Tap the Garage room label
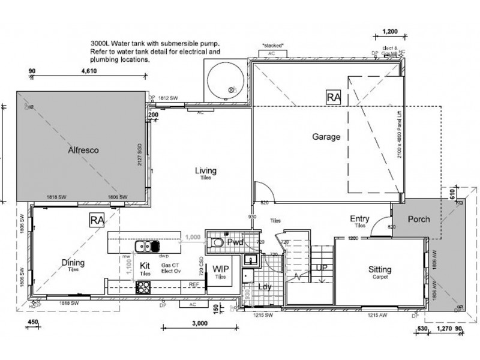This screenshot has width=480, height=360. click(326, 137)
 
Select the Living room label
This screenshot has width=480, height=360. click(205, 171)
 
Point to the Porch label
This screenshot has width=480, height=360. click(418, 219)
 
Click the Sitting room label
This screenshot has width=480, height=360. click(380, 271)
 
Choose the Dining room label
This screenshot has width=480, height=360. click(72, 263)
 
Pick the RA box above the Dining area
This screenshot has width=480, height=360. click(97, 219)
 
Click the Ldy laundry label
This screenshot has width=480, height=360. click(264, 287)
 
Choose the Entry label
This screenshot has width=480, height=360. click(359, 219)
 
